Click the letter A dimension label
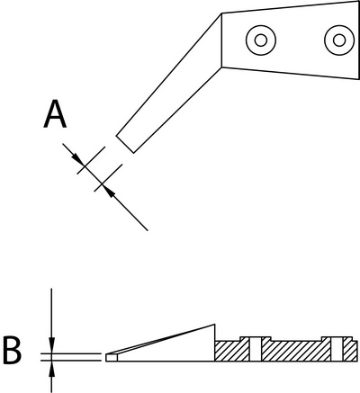point(55,114)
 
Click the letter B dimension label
point(13,350)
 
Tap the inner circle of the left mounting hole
point(261,40)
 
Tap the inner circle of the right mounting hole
point(339,40)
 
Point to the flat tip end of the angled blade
point(125,145)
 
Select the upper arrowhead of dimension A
point(78,159)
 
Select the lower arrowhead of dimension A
point(109,190)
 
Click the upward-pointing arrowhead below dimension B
point(51,369)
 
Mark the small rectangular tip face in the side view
point(111,358)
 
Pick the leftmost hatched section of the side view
point(232,351)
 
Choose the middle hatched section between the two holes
point(296,351)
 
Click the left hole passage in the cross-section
point(256,349)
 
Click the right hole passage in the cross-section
point(337,349)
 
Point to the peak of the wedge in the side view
point(215,325)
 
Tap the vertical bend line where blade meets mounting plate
point(221,40)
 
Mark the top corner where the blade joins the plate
point(221,13)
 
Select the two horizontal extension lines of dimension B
point(70,357)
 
